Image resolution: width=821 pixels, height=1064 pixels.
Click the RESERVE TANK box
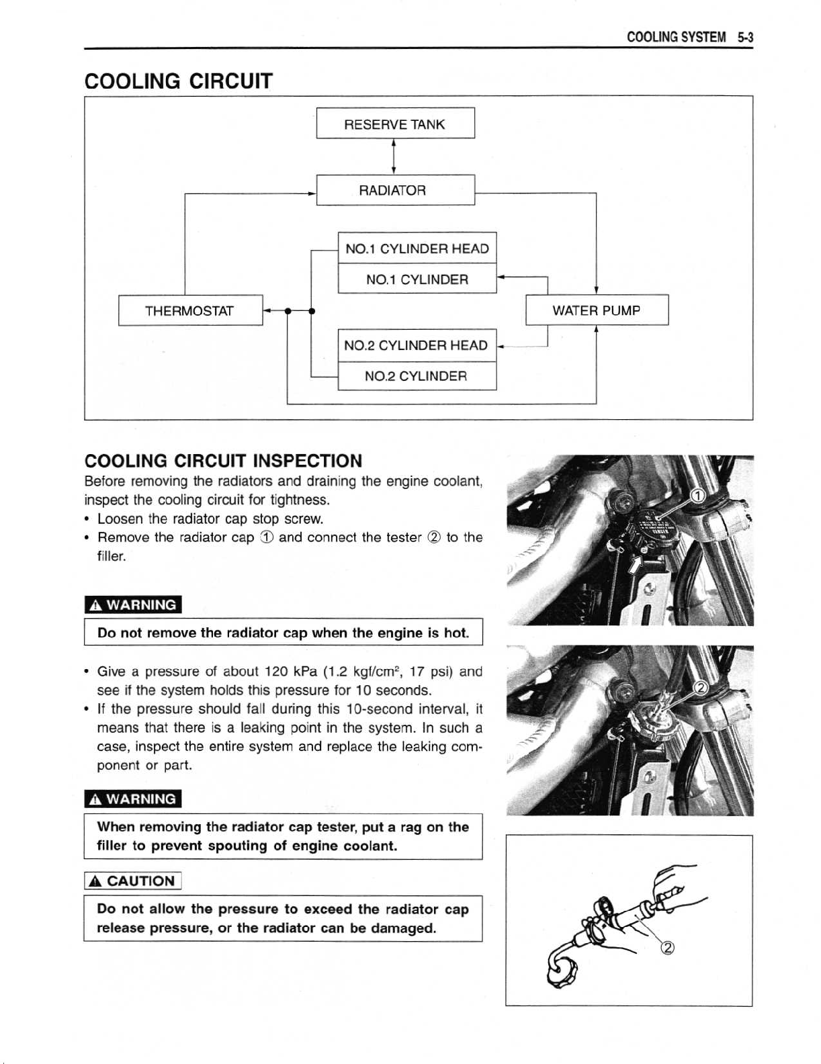[395, 124]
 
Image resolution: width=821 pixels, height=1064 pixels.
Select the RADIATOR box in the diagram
[395, 190]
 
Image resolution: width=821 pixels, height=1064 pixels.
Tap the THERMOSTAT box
[190, 310]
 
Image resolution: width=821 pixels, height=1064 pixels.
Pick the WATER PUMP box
[597, 310]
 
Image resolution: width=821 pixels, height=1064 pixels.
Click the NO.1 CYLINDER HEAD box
[417, 249]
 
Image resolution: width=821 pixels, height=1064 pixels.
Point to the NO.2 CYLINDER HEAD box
[417, 345]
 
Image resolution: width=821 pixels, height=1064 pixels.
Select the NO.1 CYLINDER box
[417, 279]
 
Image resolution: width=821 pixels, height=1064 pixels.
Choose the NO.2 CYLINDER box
[417, 376]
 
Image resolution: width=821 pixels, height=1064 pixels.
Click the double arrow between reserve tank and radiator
[393, 157]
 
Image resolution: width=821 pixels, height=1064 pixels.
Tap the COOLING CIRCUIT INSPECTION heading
[223, 461]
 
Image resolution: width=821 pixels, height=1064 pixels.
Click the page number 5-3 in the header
[745, 38]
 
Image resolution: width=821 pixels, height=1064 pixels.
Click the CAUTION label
[133, 881]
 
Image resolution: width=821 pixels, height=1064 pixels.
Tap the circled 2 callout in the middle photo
[699, 689]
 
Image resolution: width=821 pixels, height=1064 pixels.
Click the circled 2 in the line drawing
[668, 948]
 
